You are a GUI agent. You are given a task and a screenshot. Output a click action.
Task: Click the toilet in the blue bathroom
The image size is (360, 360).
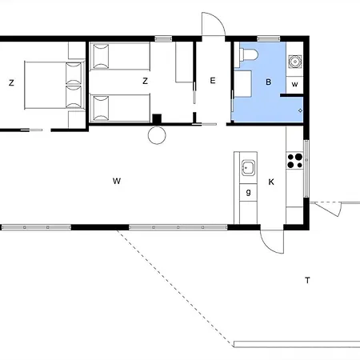pyautogui.click(x=249, y=55)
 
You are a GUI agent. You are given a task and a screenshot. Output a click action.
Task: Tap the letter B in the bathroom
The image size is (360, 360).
pyautogui.click(x=269, y=82)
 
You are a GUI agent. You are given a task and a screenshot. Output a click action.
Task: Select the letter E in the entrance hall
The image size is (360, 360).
pyautogui.click(x=213, y=81)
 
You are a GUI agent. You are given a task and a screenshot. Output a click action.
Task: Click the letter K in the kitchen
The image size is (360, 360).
pyautogui.click(x=271, y=182)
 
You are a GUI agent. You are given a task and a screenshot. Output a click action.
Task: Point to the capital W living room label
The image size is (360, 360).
pyautogui.click(x=117, y=181)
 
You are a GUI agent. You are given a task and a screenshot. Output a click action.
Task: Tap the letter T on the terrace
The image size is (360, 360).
pyautogui.click(x=307, y=280)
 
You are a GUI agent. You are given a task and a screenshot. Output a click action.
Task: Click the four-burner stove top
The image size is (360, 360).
pyautogui.click(x=295, y=161)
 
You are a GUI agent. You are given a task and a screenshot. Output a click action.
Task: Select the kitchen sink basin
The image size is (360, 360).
pyautogui.click(x=248, y=168)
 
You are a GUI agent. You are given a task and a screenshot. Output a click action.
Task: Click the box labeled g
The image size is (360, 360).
pyautogui.click(x=248, y=192)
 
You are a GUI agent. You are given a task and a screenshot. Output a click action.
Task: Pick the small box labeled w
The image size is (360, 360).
pyautogui.click(x=294, y=85)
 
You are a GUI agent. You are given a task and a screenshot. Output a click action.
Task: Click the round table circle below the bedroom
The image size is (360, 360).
pyautogui.click(x=157, y=135)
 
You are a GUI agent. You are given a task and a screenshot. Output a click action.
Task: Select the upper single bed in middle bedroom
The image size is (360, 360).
pyautogui.click(x=120, y=56)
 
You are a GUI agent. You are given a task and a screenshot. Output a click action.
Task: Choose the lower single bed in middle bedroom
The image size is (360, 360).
pyautogui.click(x=120, y=108)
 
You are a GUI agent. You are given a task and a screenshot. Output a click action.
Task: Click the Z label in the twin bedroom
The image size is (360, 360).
pyautogui.click(x=145, y=81)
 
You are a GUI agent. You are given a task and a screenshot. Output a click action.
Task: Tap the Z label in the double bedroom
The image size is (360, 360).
pyautogui.click(x=11, y=82)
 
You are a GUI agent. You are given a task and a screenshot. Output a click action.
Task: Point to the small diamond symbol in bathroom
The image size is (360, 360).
pyautogui.click(x=300, y=110)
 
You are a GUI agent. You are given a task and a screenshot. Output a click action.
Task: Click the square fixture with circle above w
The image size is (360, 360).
pyautogui.click(x=295, y=62)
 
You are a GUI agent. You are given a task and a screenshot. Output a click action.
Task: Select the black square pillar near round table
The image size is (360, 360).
pyautogui.click(x=157, y=118)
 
